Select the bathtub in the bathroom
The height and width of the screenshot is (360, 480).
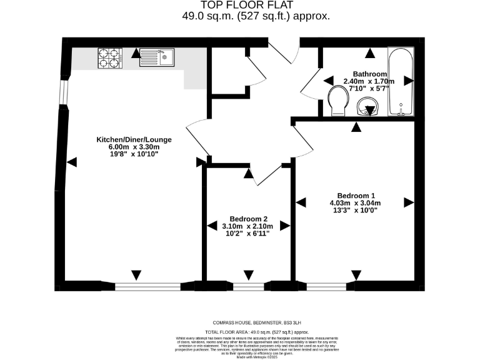tap(399, 81)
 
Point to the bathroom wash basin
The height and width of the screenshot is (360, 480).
tap(369, 109)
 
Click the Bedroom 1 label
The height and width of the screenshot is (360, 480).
tap(355, 194)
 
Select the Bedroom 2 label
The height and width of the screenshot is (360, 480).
tap(249, 217)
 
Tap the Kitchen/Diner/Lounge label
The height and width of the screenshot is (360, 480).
tap(133, 139)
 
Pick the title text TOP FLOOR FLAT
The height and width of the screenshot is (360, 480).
tap(239, 6)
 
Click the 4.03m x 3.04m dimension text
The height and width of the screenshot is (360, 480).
tap(355, 202)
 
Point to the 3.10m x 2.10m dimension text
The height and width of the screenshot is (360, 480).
tap(249, 226)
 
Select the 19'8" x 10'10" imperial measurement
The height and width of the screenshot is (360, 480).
tap(133, 154)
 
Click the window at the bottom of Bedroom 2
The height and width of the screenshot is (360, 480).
tap(248, 286)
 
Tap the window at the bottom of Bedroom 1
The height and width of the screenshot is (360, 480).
tap(326, 286)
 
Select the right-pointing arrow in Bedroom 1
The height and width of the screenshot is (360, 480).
tap(409, 202)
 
